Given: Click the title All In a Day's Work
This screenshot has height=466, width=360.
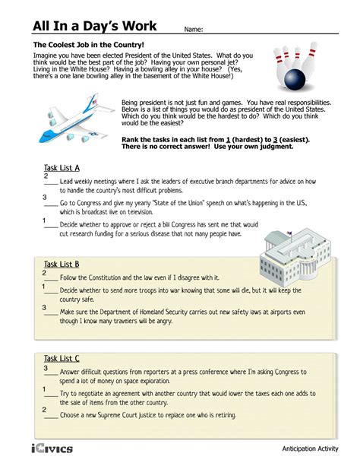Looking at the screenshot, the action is pyautogui.click(x=95, y=26).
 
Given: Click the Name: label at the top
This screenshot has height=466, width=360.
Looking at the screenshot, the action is pyautogui.click(x=194, y=30).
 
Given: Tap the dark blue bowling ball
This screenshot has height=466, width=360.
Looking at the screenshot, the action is pyautogui.click(x=295, y=79).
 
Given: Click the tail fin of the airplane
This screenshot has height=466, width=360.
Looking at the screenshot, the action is pyautogui.click(x=91, y=103).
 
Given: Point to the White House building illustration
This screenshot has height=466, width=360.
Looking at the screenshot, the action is pyautogui.click(x=295, y=255).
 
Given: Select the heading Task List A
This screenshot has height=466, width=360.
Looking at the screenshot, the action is pyautogui.click(x=62, y=168).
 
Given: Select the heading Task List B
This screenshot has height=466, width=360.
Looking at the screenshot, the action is pyautogui.click(x=62, y=265).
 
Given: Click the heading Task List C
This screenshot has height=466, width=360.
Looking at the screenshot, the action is pyautogui.click(x=62, y=358).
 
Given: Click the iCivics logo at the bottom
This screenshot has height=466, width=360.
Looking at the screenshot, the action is pyautogui.click(x=52, y=449).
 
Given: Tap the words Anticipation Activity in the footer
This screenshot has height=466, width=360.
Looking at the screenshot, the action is pyautogui.click(x=310, y=449).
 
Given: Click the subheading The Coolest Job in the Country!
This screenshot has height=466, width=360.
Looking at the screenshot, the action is pyautogui.click(x=89, y=45).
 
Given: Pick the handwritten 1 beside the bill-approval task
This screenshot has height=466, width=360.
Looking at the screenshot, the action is pyautogui.click(x=44, y=220).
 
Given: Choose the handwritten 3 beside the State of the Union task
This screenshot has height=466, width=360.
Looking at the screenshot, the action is pyautogui.click(x=45, y=197).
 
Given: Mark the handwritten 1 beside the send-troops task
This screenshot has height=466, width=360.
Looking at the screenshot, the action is pyautogui.click(x=43, y=287).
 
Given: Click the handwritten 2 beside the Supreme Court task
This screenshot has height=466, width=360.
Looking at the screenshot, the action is pyautogui.click(x=44, y=410).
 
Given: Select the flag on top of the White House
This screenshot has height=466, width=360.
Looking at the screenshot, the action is pyautogui.click(x=289, y=233).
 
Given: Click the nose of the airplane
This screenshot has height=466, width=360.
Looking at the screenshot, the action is pyautogui.click(x=41, y=139).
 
